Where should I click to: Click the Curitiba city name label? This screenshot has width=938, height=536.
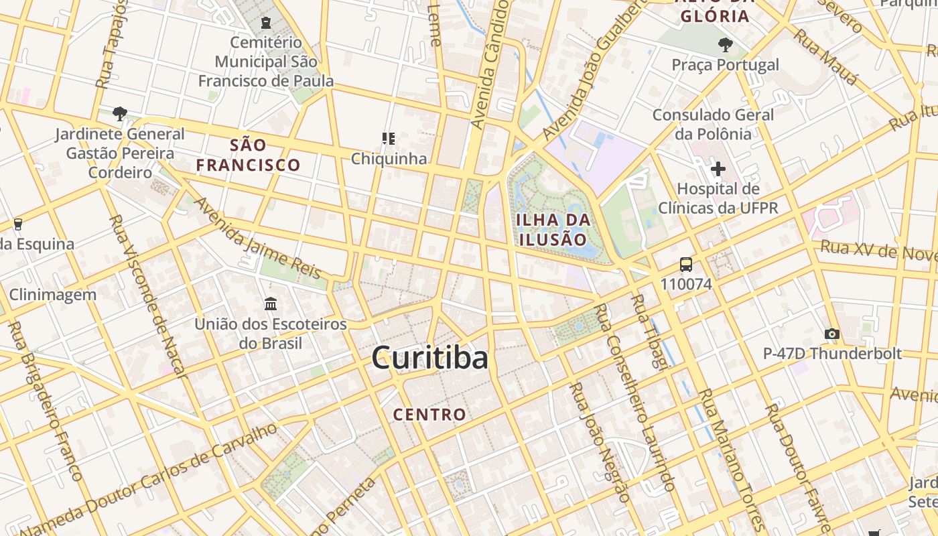coord(429,358)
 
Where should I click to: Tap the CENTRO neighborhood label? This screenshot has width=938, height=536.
coord(429,414)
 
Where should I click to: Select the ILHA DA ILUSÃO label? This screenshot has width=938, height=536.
coord(553,229)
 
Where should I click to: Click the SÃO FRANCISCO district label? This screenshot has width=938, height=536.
coord(248,155)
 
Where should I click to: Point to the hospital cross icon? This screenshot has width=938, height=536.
coord(718,169)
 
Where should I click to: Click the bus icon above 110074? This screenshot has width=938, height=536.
coord(685,264)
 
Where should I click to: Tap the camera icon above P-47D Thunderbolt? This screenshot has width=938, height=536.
coord(832,333)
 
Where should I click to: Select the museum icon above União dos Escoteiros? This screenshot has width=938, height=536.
coord(271,304)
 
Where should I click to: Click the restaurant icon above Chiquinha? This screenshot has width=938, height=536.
coord(389,139)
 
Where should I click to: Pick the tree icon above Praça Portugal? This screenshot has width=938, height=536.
coord(725,46)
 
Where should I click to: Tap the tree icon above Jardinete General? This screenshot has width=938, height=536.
coord(120,113)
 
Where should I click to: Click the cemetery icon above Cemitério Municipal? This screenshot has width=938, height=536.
coord(267,22)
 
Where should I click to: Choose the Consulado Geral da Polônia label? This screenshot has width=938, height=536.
coord(713,124)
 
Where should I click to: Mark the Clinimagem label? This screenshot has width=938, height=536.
coord(52,294)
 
